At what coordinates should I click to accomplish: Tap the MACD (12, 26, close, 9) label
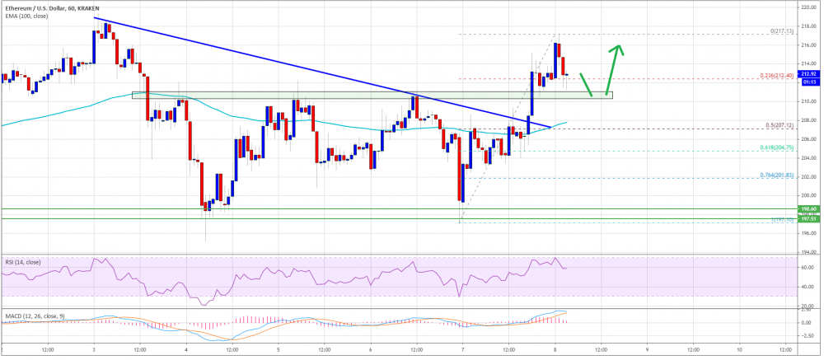pos(34,316)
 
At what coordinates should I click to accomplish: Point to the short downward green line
pos(587,84)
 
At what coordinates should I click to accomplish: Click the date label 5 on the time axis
pos(278,349)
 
